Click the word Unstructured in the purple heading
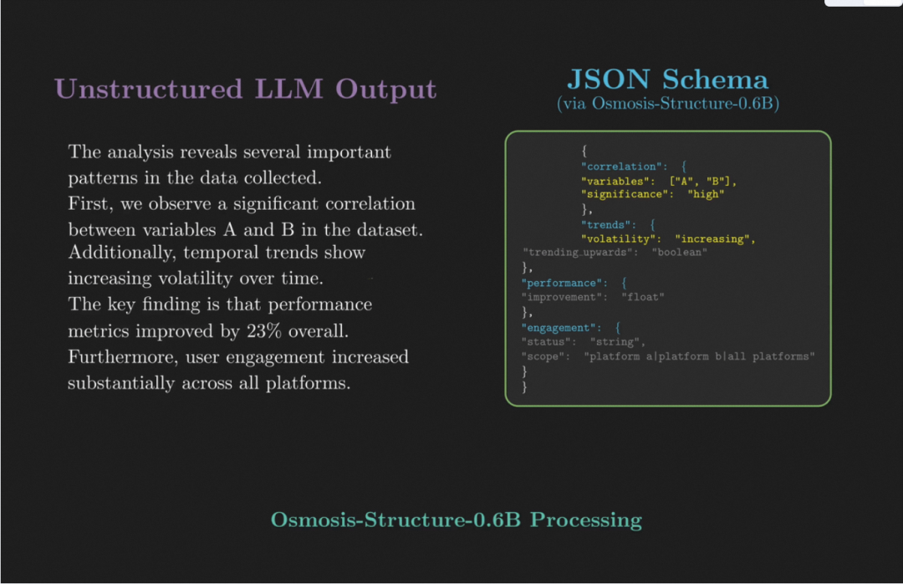(149, 90)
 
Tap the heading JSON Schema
(667, 79)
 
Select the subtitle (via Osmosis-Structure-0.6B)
(668, 104)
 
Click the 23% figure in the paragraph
(263, 331)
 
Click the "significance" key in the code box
(625, 194)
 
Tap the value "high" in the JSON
(706, 194)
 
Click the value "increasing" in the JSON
(712, 238)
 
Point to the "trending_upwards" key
(578, 253)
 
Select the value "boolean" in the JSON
(679, 253)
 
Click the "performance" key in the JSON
(562, 283)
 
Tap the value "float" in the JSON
(643, 297)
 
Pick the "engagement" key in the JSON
(559, 328)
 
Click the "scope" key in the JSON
(543, 356)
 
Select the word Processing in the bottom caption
(585, 520)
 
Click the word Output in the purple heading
(385, 90)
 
